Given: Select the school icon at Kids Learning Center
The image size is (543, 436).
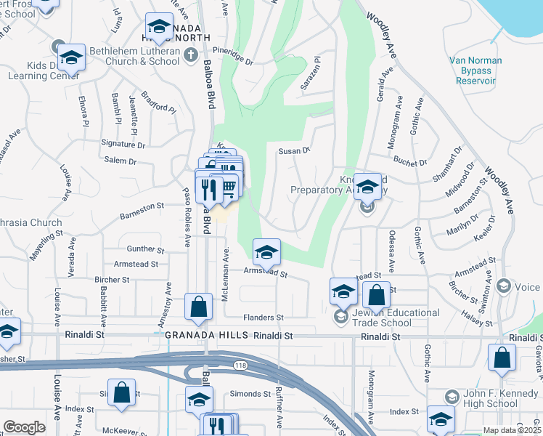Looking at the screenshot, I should pyautogui.click(x=71, y=57).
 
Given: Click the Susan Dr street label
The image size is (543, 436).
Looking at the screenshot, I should pyautogui.click(x=295, y=150).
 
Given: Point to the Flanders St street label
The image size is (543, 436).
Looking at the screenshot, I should pyautogui.click(x=263, y=318).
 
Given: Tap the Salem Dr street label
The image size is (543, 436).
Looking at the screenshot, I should pyautogui.click(x=121, y=161).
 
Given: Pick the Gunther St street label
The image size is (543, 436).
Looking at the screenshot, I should pyautogui.click(x=142, y=249).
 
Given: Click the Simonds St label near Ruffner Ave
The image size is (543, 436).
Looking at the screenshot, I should pyautogui.click(x=251, y=394).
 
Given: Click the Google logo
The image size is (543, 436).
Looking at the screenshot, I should pyautogui.click(x=24, y=427).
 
